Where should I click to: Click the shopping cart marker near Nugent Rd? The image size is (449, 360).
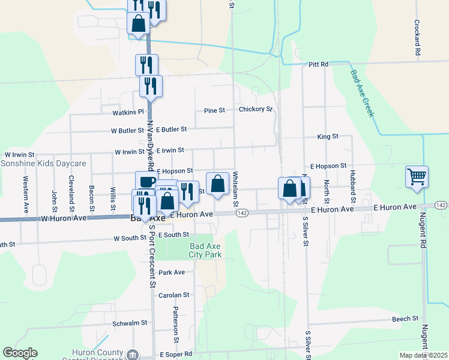417,176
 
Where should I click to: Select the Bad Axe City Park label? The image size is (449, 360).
206,250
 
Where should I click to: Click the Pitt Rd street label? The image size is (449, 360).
319,64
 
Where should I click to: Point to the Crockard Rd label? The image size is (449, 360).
417,38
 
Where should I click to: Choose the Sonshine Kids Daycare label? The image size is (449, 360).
44,163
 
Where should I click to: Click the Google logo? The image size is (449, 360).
20,353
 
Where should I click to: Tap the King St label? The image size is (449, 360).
328,137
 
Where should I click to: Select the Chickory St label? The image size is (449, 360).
256,110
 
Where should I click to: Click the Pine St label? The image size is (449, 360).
214,110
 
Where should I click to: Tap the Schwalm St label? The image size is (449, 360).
130,323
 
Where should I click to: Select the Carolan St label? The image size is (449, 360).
174,295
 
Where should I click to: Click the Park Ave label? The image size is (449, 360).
172,272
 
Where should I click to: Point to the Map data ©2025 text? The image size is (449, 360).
423,356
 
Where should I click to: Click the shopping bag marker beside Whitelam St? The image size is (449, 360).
217,184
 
